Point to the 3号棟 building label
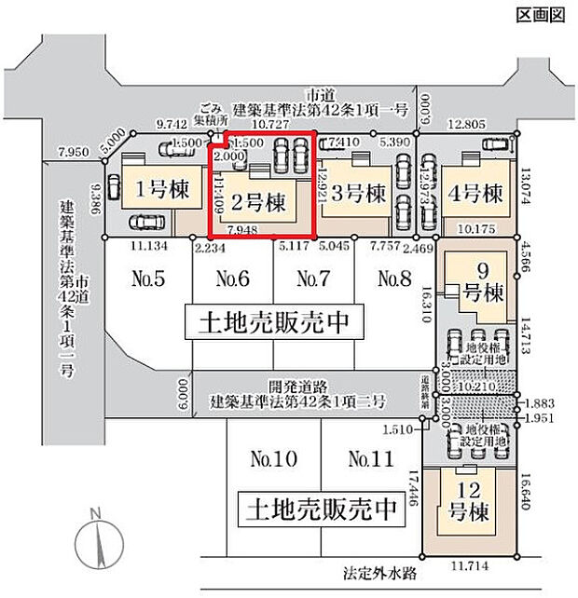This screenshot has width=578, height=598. [360, 195]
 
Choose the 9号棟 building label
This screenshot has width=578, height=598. [484, 282]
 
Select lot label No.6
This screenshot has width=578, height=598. [232, 278]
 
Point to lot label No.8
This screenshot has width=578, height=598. [393, 278]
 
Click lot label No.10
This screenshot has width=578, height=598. [273, 459]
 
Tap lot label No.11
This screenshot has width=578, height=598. [368, 459]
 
